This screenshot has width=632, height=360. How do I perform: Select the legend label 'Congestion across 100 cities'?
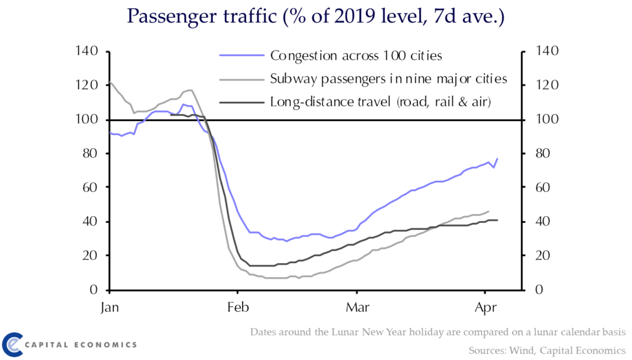pos(356,56)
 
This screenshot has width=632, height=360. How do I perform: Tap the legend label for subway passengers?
pos(388,79)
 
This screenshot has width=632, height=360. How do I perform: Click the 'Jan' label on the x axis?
pos(109,306)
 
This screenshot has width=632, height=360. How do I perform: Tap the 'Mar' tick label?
pos(356,306)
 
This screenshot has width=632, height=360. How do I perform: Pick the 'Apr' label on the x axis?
pos(486,306)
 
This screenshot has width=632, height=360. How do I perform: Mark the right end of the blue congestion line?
pos(497,159)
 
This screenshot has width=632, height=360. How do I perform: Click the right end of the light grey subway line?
pos(489,211)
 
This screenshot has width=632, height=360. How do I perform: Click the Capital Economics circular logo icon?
pos(14,344)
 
